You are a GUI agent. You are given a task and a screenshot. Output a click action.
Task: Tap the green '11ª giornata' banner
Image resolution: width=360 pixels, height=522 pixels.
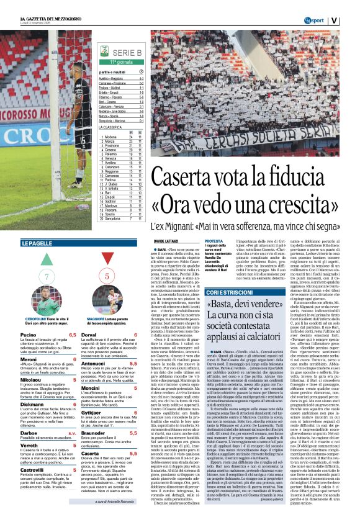pyautogui.click(x=123, y=63)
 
